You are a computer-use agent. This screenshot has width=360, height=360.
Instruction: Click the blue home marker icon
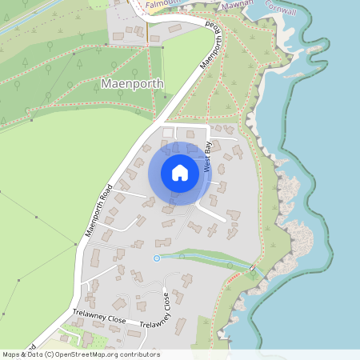(180, 173)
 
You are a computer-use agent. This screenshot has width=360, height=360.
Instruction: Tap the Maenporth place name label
(133, 83)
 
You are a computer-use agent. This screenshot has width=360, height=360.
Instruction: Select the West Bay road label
(207, 156)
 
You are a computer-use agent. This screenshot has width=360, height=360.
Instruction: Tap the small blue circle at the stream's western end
(157, 258)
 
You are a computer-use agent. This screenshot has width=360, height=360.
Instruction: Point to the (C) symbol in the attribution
(50, 354)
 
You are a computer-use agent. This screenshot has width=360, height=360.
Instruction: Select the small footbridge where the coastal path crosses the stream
(252, 267)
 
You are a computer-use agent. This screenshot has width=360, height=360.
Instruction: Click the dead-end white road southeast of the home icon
(212, 214)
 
